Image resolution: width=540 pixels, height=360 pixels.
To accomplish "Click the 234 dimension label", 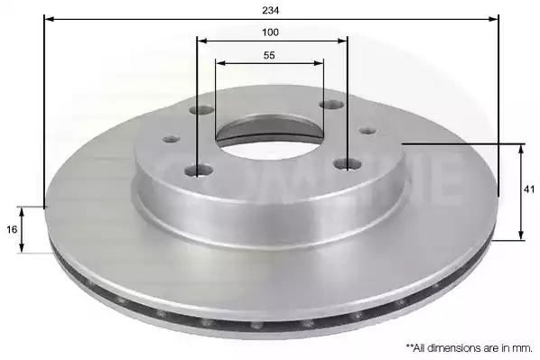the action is (x=270, y=11).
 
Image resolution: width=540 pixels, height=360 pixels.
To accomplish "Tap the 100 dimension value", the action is (x=270, y=32).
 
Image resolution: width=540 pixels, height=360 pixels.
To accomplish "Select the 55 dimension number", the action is (x=269, y=55).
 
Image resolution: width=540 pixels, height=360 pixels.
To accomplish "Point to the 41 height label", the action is (x=529, y=189).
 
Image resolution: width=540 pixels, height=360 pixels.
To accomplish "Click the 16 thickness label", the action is (x=12, y=229).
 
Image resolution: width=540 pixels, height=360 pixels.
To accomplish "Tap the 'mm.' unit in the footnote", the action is (x=524, y=348).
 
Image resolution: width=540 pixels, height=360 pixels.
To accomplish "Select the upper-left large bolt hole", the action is (x=201, y=110).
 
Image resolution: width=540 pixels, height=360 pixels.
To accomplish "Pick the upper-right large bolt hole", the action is (x=332, y=105).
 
